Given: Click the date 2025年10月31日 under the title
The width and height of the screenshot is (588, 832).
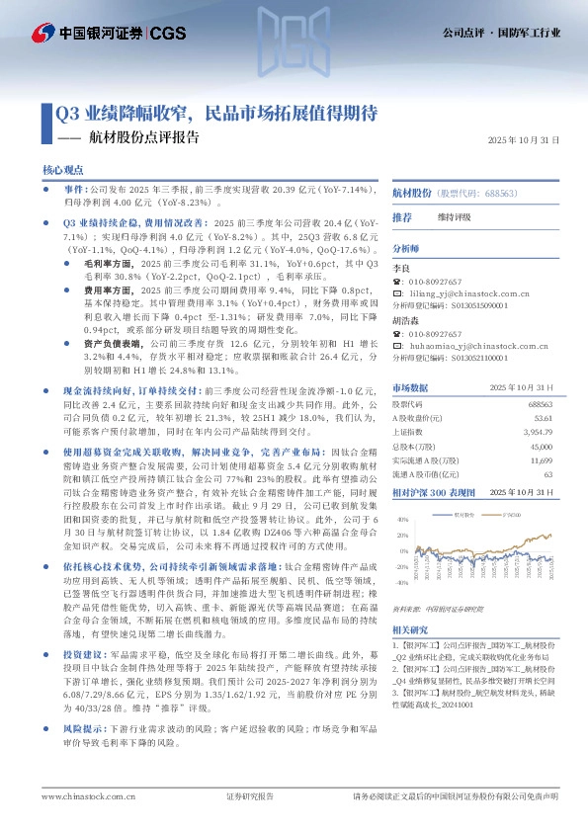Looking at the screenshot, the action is click(525, 141).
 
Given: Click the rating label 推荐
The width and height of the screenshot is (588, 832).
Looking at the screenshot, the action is click(402, 216).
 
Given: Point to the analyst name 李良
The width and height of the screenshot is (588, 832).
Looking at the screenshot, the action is click(402, 268).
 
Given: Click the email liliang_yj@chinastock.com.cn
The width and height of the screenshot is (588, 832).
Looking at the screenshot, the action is click(462, 293).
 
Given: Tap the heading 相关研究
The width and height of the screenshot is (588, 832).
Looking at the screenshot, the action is click(409, 628).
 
